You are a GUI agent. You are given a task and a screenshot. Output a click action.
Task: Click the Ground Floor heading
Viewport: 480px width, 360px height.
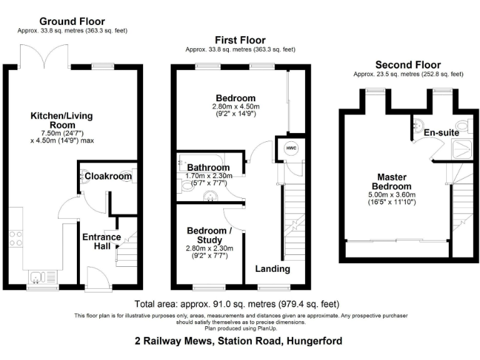74,21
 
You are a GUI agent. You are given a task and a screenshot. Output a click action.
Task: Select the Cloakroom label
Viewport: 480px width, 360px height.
108,176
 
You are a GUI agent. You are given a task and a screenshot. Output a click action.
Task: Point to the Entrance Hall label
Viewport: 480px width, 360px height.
101,241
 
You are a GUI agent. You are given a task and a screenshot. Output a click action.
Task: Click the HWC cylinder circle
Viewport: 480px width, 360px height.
291,148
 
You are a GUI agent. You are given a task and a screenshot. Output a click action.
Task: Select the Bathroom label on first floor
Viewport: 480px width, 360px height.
208,167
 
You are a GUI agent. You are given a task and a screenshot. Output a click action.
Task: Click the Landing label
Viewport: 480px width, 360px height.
272,269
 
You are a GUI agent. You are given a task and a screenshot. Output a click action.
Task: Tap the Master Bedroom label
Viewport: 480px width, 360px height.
392,181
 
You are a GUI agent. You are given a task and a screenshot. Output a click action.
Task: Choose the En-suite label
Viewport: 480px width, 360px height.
441,132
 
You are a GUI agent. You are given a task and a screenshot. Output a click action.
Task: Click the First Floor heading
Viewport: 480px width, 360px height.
240,40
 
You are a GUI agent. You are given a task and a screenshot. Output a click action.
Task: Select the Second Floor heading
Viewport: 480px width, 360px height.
407,64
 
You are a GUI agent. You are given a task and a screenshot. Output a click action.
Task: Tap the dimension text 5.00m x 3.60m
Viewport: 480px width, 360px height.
392,194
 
